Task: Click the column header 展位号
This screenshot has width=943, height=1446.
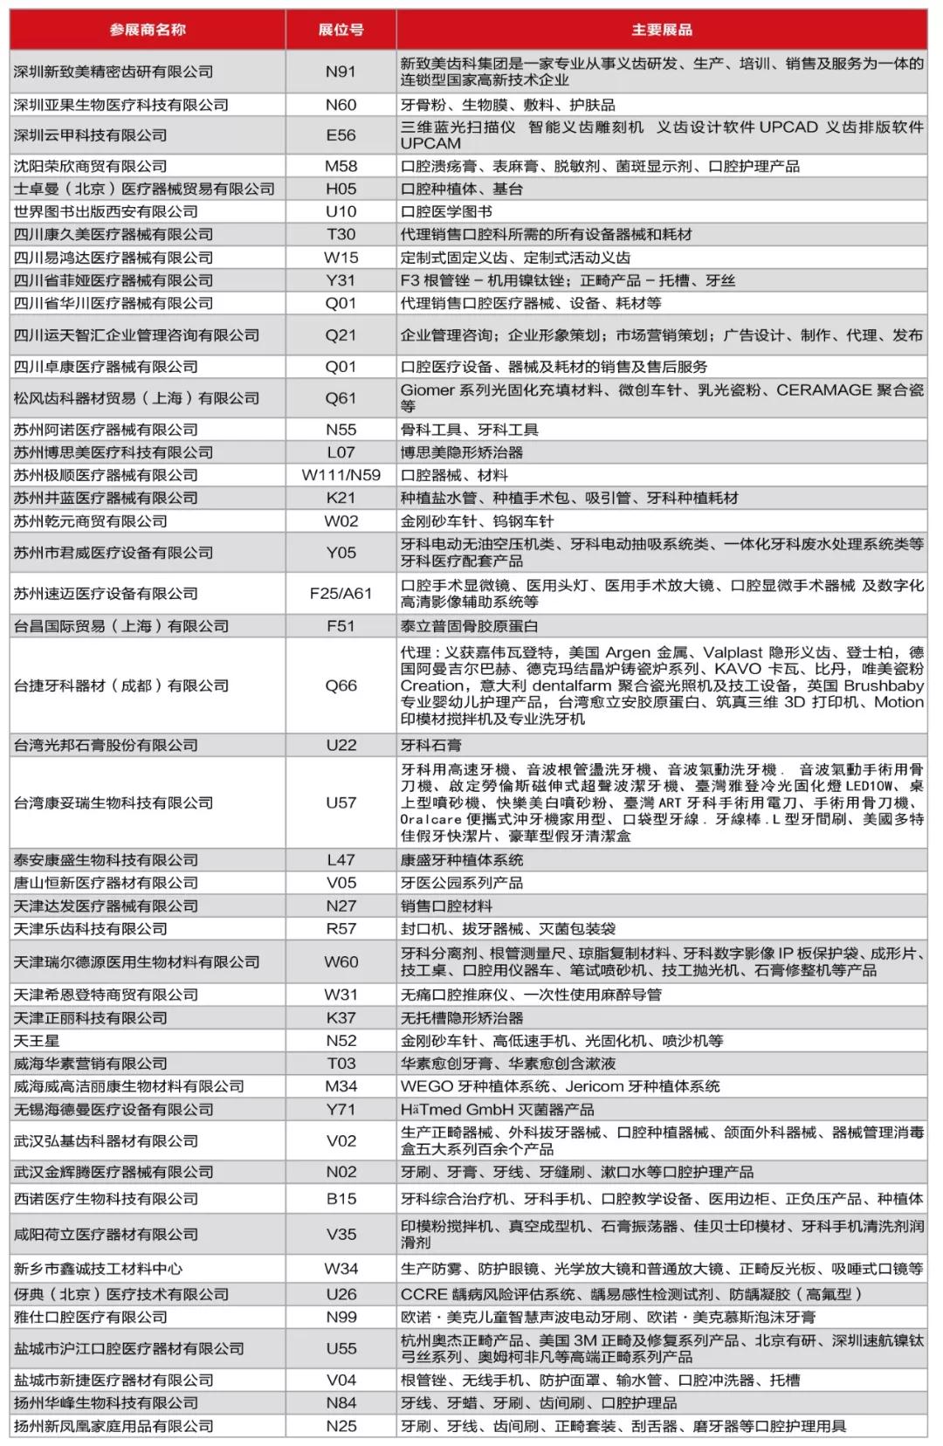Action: tap(341, 30)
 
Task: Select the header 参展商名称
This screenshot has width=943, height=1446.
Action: tap(148, 30)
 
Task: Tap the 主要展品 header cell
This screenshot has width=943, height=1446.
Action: tap(661, 30)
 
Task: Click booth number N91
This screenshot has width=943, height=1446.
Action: tap(341, 72)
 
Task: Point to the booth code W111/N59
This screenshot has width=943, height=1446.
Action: tap(341, 475)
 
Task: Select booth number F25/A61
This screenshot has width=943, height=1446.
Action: tap(341, 594)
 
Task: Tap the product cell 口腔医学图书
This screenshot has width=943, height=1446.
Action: tap(446, 211)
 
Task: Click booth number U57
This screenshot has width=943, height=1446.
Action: tap(341, 802)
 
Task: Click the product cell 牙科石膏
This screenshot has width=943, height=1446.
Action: tap(431, 745)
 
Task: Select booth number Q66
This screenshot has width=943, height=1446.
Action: tap(341, 685)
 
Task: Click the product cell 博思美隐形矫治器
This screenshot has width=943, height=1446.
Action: tap(462, 452)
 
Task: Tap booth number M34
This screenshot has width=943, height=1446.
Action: tap(341, 1086)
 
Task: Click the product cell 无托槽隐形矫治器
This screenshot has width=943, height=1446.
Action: tap(462, 1018)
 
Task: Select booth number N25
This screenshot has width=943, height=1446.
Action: tap(341, 1426)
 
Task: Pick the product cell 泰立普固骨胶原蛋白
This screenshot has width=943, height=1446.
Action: tap(470, 626)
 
